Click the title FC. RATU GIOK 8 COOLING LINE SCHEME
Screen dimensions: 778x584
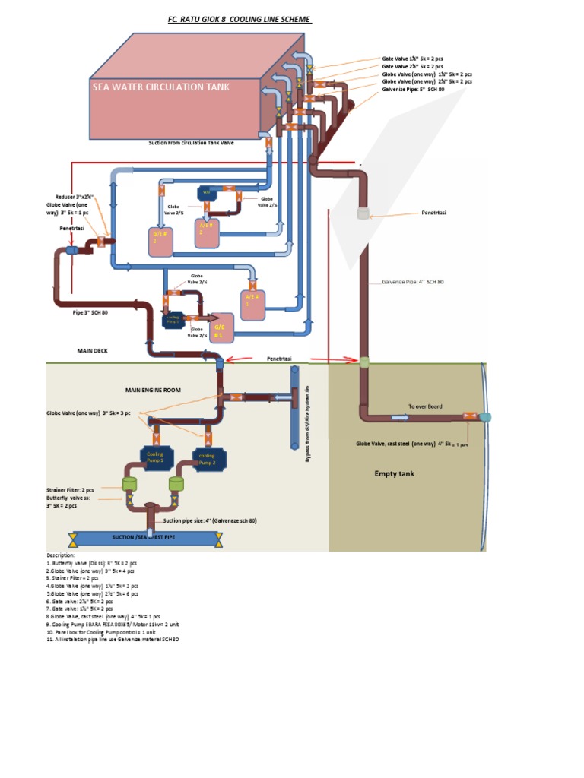(239, 19)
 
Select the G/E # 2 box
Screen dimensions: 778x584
(160, 241)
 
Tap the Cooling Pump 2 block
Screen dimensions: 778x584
(207, 460)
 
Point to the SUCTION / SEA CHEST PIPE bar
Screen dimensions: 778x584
(144, 537)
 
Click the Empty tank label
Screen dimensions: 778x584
(395, 473)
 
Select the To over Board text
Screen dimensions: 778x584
(424, 406)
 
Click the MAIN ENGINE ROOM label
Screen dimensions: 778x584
(154, 389)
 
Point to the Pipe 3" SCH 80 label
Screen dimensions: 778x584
(90, 312)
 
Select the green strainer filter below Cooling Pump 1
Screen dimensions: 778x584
(129, 483)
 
